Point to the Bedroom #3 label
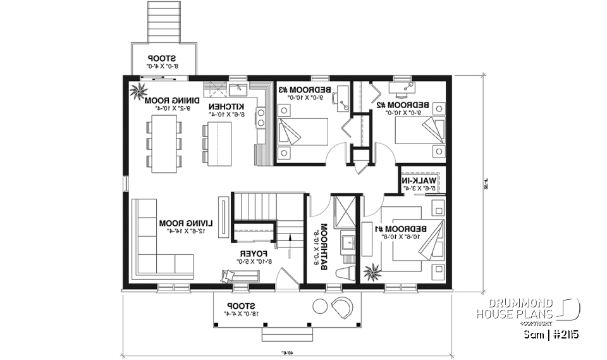pyautogui.click(x=297, y=90)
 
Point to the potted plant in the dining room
pyautogui.click(x=137, y=92)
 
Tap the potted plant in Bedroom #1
pyautogui.click(x=371, y=270)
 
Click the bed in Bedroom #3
pyautogui.click(x=302, y=133)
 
